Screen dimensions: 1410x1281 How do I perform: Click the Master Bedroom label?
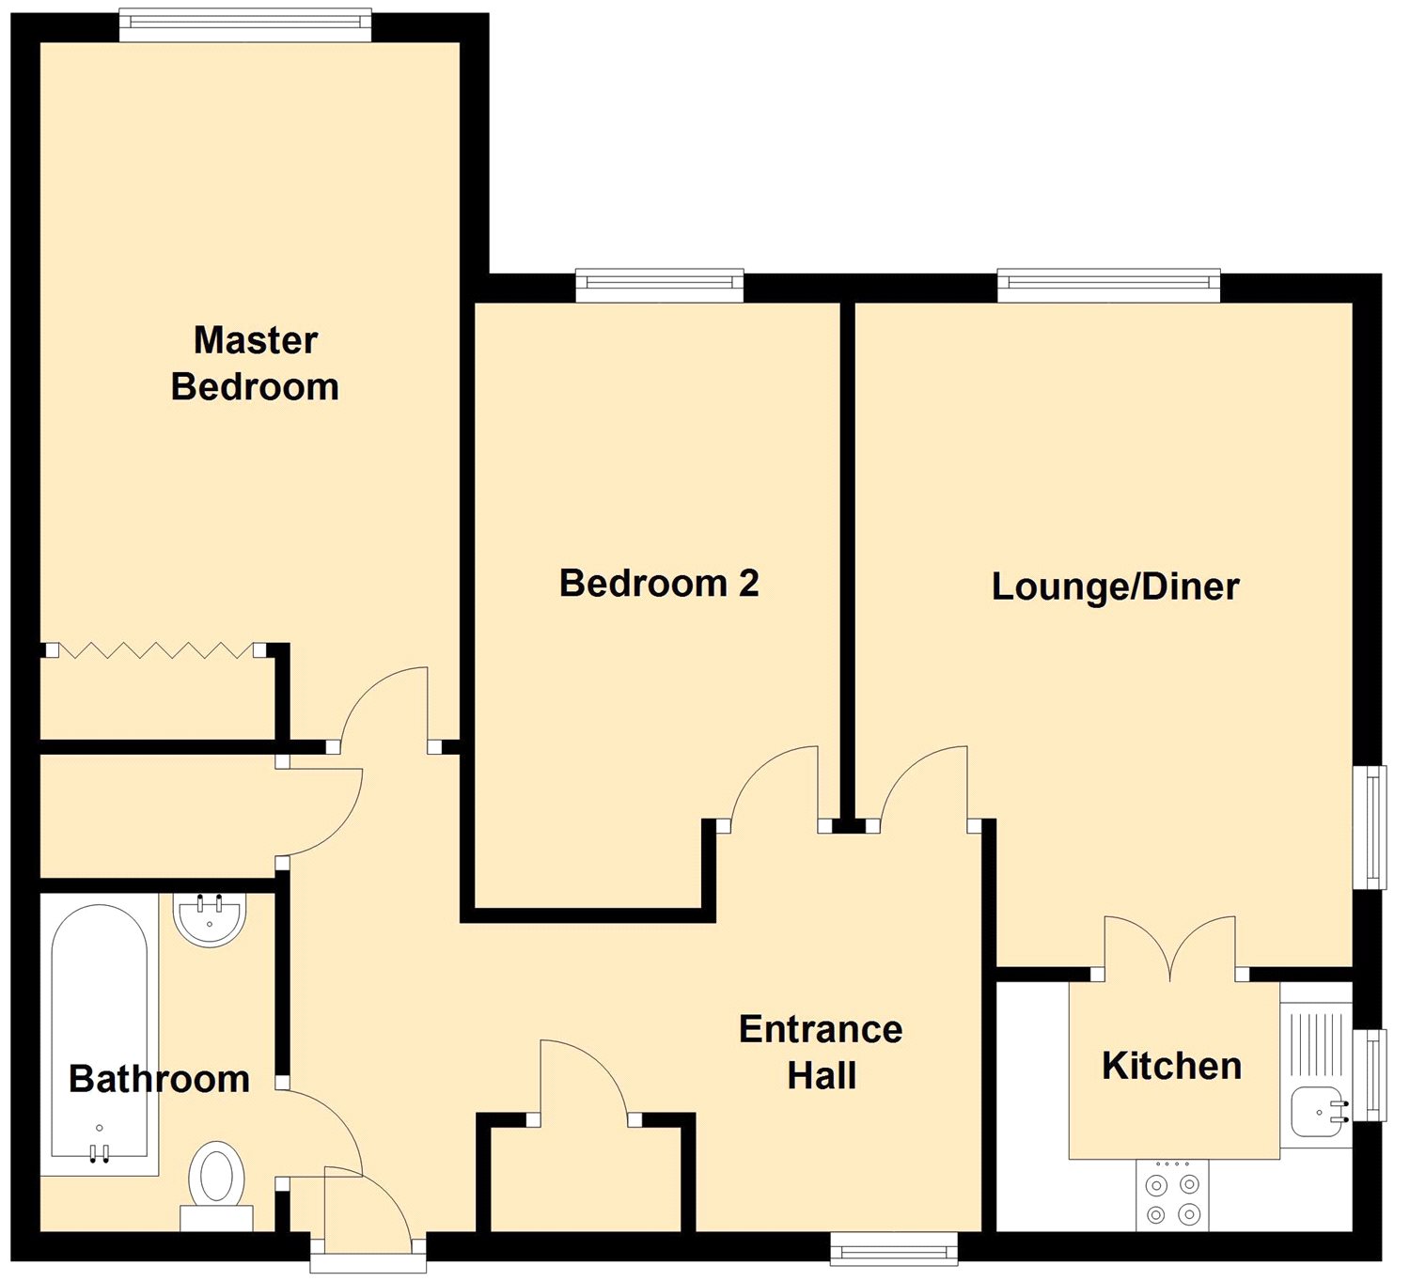click(255, 364)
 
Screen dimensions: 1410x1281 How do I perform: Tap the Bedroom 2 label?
click(659, 584)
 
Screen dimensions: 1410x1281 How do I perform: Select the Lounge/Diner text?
click(1115, 587)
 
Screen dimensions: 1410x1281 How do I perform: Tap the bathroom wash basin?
click(210, 919)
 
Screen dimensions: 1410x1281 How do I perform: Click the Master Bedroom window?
click(245, 24)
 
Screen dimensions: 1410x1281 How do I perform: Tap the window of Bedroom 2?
click(659, 286)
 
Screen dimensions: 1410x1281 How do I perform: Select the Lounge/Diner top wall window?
click(1108, 286)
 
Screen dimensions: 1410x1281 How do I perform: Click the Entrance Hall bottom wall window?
click(893, 1249)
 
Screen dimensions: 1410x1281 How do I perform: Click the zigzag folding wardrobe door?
click(155, 649)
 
